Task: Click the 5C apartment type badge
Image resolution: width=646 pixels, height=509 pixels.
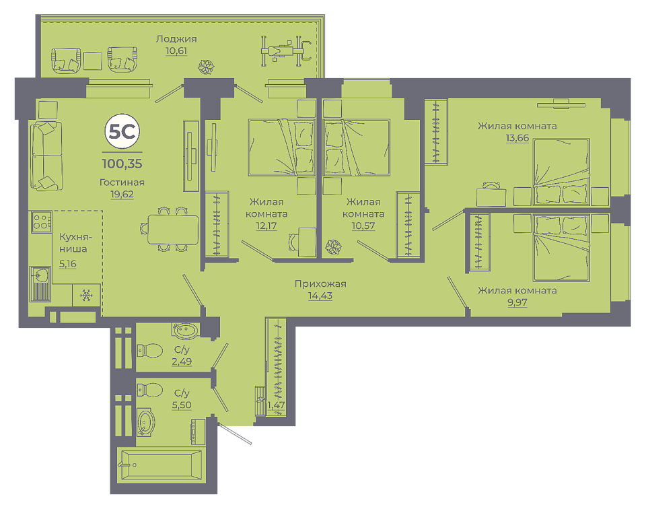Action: pos(122,131)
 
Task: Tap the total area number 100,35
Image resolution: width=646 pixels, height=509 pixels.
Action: pos(122,164)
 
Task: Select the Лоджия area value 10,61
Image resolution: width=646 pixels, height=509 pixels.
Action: pos(176,50)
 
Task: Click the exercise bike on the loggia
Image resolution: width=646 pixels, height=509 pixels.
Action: pos(285,51)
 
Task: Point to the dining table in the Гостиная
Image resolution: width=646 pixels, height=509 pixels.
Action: pos(173,229)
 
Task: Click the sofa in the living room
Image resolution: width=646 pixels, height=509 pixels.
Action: pos(46,156)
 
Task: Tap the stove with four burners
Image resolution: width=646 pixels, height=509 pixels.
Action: pos(41,221)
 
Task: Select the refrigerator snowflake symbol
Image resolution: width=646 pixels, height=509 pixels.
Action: pos(86,295)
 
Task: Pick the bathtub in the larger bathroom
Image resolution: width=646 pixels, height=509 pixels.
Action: pos(161,465)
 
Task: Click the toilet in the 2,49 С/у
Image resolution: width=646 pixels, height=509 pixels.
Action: pos(149,350)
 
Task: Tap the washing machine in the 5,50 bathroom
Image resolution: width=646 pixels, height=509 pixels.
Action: pos(198,432)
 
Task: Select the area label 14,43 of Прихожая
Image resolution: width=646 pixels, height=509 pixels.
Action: pos(320,296)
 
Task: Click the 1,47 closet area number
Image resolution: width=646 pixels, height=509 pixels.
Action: pos(276,405)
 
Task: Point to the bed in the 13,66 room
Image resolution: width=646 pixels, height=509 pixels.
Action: pos(561,172)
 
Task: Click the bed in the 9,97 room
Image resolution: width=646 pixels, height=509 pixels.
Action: pos(561,247)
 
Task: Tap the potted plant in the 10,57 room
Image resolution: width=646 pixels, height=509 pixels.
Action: pos(333,247)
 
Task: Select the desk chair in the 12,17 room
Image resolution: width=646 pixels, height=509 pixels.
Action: pos(294,242)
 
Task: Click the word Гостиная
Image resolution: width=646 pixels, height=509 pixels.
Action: pos(122,182)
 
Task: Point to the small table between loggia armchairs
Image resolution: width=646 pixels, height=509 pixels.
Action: pos(93,61)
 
